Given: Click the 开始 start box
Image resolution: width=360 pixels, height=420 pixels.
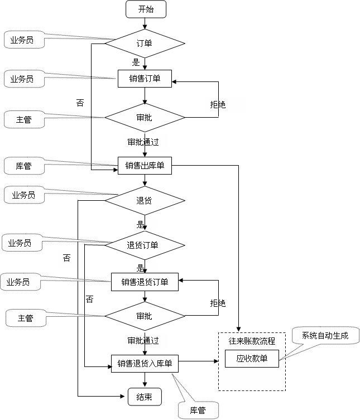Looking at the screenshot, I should tap(145, 9).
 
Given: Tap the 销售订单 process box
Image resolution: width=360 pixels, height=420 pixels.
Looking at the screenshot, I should tap(145, 79).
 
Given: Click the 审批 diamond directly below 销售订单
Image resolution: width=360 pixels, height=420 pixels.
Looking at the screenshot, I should tap(145, 118).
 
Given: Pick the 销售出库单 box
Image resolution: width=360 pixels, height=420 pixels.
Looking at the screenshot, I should tap(145, 165).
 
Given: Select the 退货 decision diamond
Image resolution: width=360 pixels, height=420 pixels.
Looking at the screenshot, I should tap(145, 200).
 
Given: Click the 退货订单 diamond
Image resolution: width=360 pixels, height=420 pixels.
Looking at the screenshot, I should tap(145, 245).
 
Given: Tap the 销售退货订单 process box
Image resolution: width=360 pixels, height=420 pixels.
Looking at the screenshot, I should tap(145, 282).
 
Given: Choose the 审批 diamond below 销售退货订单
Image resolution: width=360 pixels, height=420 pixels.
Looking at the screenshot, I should tap(145, 316).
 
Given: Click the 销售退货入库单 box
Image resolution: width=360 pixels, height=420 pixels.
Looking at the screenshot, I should tap(145, 364).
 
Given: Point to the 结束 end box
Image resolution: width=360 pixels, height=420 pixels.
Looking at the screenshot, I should tap(145, 397).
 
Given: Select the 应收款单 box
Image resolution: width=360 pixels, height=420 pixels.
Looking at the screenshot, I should tap(252, 359).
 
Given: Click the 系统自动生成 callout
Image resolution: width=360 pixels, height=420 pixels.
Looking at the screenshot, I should tap(325, 336).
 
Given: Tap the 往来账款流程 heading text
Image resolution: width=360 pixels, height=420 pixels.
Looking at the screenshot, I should tap(252, 341).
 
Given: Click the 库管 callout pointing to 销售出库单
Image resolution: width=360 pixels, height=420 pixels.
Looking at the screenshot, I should tap(23, 165).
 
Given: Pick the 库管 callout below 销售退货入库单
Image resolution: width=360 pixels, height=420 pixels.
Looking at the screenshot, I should tap(198, 410).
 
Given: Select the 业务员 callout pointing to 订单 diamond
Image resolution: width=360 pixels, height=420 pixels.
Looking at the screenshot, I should tap(23, 40).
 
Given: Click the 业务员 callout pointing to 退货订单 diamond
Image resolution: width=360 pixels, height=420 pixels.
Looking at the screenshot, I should tap(23, 243).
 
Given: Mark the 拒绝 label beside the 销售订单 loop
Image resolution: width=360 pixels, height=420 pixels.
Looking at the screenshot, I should tap(218, 104).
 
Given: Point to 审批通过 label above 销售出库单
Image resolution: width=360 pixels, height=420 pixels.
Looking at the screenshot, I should tap(143, 142).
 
